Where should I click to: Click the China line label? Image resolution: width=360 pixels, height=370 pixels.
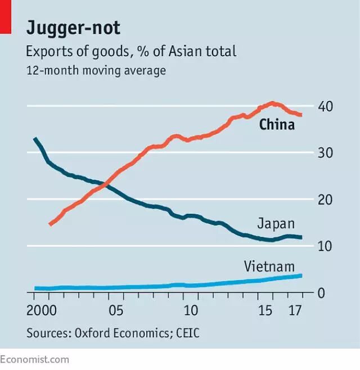[277, 125]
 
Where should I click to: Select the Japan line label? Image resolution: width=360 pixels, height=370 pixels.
[276, 223]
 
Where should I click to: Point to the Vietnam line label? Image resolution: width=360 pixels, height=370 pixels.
[269, 266]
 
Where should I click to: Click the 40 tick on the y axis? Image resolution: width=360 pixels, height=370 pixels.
[326, 106]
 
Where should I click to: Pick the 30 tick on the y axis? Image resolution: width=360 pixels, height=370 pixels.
[326, 153]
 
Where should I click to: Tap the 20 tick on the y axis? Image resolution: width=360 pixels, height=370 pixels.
[326, 200]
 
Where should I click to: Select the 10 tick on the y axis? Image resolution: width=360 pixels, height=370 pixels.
[326, 246]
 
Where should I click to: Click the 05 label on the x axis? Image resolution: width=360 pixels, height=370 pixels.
[116, 311]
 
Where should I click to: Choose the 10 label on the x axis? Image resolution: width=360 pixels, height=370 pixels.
[192, 311]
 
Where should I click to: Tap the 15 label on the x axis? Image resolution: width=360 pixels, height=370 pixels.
[265, 311]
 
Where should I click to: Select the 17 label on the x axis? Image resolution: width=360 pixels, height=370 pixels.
[295, 311]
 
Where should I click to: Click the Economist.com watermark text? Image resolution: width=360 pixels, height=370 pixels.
[34, 359]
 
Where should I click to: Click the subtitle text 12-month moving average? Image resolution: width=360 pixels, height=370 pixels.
[96, 71]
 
